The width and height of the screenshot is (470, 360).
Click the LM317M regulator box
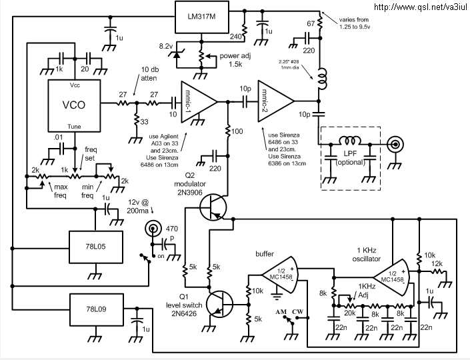pyautogui.click(x=202, y=17)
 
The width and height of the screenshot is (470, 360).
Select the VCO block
pyautogui.click(x=74, y=105)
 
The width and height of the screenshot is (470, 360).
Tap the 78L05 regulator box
pyautogui.click(x=96, y=247)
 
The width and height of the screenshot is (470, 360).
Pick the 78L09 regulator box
pyautogui.click(x=96, y=309)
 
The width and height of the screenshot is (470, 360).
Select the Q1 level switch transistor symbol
pyautogui.click(x=219, y=304)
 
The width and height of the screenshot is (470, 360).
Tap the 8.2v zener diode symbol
pyautogui.click(x=176, y=54)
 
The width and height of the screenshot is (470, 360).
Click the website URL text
pyautogui.click(x=421, y=7)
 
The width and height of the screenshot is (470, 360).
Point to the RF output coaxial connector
pyautogui.click(x=395, y=145)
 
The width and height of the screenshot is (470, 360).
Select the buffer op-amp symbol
pyautogui.click(x=280, y=276)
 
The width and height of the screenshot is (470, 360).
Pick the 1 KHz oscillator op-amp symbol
pyautogui.click(x=391, y=277)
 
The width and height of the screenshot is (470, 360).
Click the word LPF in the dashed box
pyautogui.click(x=350, y=153)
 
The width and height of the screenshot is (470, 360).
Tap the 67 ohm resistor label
pyautogui.click(x=311, y=23)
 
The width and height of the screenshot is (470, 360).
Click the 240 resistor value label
pyautogui.click(x=236, y=37)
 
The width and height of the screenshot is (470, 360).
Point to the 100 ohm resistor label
pyautogui.click(x=237, y=131)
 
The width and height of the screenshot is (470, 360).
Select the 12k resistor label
pyautogui.click(x=437, y=264)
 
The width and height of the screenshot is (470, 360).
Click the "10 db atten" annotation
pyautogui.click(x=150, y=74)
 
